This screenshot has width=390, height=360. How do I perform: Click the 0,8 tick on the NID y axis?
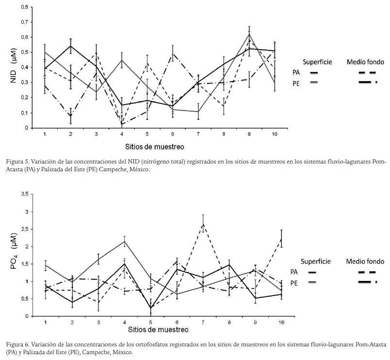[x=24, y=7]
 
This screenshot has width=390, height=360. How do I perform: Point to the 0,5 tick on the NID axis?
[x=24, y=52]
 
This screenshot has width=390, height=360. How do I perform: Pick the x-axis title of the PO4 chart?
[x=159, y=330]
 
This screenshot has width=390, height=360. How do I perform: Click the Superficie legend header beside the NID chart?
[x=318, y=62]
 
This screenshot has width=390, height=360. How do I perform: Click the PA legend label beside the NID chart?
[x=296, y=72]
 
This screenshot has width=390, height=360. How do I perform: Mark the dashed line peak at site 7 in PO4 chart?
[x=203, y=223]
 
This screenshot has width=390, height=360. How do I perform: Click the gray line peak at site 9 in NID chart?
[x=249, y=34]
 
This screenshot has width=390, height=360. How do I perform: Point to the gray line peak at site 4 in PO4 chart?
[x=125, y=242]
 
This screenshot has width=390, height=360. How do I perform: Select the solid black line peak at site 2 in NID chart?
[x=70, y=47]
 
